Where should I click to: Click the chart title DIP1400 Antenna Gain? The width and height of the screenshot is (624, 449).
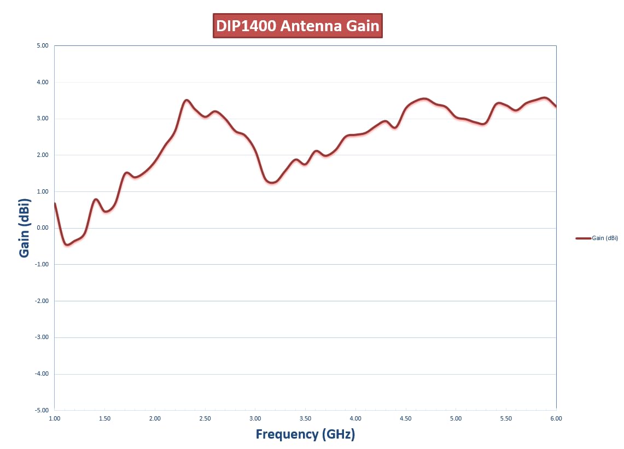[298, 26]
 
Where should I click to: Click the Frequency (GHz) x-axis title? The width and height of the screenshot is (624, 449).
[305, 434]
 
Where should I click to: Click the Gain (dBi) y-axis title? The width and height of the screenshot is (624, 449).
[25, 228]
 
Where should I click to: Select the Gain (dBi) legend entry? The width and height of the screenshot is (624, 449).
[597, 238]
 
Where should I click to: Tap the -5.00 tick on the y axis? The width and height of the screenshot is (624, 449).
[42, 410]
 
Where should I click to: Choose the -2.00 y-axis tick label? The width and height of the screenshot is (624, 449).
[42, 301]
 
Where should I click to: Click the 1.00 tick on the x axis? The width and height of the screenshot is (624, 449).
[55, 418]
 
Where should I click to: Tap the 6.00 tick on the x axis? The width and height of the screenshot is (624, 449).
[556, 418]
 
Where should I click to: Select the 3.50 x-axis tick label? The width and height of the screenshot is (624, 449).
[305, 418]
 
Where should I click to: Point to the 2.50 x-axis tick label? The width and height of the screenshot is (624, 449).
[205, 418]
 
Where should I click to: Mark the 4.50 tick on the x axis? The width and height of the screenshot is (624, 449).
[406, 418]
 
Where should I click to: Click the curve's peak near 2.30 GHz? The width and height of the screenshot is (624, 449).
[186, 100]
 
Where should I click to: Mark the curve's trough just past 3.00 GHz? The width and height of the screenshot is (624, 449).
[272, 182]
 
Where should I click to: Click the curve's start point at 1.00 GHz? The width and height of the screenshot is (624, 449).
[55, 203]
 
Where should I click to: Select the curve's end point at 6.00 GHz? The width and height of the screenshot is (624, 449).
[556, 106]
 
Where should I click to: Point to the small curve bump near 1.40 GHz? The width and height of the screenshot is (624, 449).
[96, 200]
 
